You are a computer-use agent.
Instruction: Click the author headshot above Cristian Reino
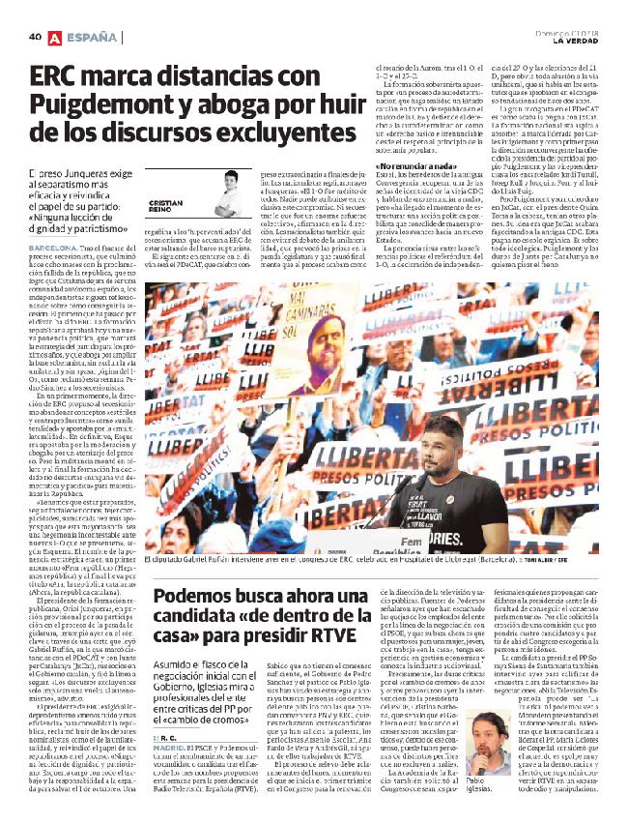point(231,184)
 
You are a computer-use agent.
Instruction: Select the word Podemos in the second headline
point(191,571)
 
